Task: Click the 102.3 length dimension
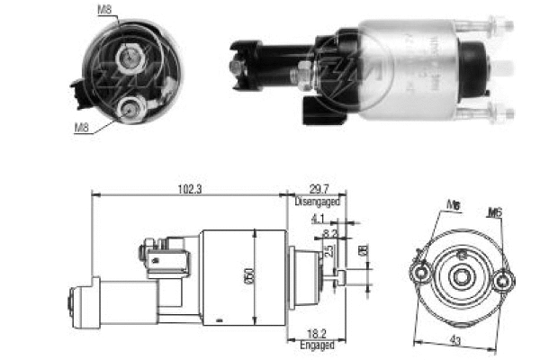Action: tap(189, 189)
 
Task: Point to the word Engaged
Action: tap(317, 345)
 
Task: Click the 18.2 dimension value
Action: tap(315, 332)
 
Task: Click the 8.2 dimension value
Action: tap(328, 232)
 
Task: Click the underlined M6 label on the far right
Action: tap(496, 212)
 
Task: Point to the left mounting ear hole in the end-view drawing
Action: tap(421, 267)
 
